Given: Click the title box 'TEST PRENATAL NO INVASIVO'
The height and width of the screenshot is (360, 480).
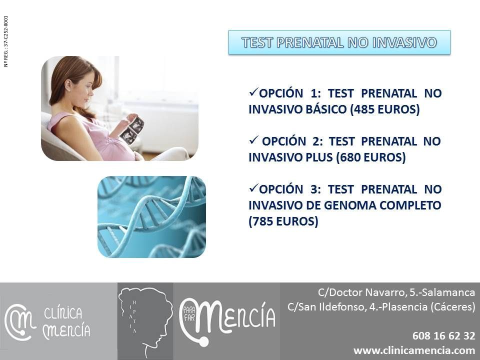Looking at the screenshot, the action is [x=339, y=42].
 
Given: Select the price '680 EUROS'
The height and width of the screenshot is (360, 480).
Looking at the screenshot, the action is [x=370, y=157].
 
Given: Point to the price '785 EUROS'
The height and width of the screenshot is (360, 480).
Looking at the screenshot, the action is [x=283, y=221].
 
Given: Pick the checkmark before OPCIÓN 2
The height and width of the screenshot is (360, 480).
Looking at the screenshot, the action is [x=254, y=140].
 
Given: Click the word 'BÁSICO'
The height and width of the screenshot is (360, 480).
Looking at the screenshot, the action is [x=326, y=109].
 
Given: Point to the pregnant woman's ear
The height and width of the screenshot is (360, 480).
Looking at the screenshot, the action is [x=67, y=85].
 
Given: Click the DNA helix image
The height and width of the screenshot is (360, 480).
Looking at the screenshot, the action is [x=152, y=216].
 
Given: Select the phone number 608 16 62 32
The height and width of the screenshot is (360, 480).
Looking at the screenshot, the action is [x=443, y=336].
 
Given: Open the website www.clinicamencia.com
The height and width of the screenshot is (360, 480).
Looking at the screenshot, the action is [x=414, y=350].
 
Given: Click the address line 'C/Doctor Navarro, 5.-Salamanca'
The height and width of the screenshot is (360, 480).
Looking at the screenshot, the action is [x=396, y=292].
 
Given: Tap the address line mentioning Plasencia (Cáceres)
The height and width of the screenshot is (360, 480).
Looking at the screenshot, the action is [x=381, y=306].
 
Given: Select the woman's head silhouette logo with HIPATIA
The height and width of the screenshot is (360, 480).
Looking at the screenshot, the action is [x=145, y=321].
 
